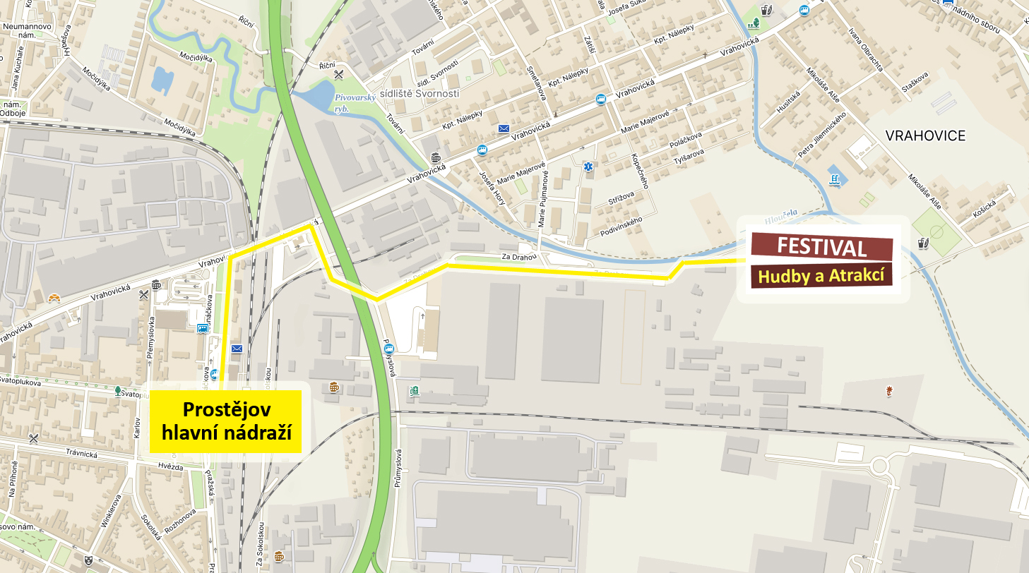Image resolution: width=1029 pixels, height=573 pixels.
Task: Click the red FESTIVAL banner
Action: [x=822, y=247]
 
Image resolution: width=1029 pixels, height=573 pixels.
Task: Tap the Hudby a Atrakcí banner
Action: [x=821, y=275]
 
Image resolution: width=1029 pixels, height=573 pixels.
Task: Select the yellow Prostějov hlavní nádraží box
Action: [x=226, y=421]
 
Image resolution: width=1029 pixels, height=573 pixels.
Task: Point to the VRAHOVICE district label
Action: [x=925, y=135]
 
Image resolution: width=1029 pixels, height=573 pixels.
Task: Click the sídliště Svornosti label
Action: [x=420, y=93]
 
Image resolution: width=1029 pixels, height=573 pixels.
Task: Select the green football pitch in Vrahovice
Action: [x=936, y=231]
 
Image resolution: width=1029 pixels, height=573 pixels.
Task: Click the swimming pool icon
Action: [x=835, y=179]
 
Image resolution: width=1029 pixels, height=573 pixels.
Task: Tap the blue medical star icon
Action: [x=587, y=167]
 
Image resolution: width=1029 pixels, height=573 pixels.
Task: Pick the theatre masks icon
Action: [x=88, y=560]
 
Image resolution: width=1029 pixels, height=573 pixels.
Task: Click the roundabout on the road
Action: [x=880, y=466]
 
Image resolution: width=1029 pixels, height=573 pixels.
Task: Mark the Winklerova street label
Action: [x=108, y=509]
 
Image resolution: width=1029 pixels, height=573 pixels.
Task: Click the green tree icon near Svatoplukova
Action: [x=118, y=390]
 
